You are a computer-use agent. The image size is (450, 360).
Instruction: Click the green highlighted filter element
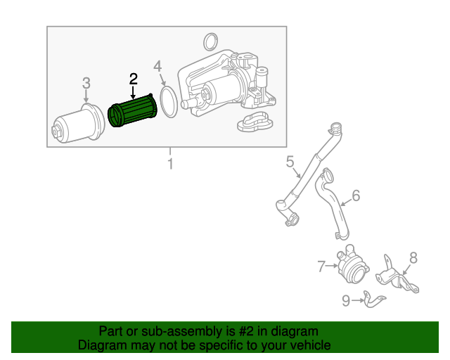click(x=133, y=110)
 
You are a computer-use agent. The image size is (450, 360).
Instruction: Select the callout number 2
click(x=133, y=79)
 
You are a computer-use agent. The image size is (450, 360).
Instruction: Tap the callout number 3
click(x=86, y=83)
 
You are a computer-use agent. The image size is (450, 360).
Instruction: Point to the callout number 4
click(x=157, y=66)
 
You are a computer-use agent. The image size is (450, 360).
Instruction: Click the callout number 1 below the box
click(x=170, y=164)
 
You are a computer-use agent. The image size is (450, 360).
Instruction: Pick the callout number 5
click(x=290, y=161)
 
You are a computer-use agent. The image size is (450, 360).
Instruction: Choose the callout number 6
click(x=356, y=195)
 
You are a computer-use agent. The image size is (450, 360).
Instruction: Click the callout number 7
click(x=322, y=266)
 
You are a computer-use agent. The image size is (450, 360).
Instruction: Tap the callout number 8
click(x=413, y=258)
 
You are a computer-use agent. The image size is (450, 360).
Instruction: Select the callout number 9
click(x=346, y=300)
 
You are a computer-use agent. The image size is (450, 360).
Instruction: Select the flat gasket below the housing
click(x=255, y=122)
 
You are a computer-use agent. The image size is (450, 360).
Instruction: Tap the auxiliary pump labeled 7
click(x=352, y=265)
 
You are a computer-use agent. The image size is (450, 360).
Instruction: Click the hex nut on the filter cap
click(x=56, y=131)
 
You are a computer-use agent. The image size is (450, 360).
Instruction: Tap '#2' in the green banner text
click(x=246, y=331)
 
